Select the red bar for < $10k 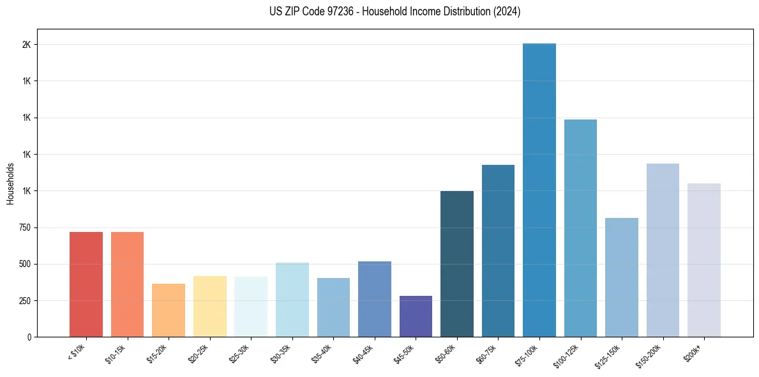pyautogui.click(x=86, y=284)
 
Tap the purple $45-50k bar pyautogui.click(x=416, y=316)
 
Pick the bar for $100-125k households pyautogui.click(x=580, y=228)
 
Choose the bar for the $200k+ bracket pyautogui.click(x=704, y=260)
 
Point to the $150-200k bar pyautogui.click(x=663, y=250)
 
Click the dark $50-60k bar pyautogui.click(x=457, y=264)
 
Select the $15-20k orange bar pyautogui.click(x=169, y=310)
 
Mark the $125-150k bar pyautogui.click(x=622, y=277)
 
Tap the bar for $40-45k pyautogui.click(x=375, y=299)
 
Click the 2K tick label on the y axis pyautogui.click(x=26, y=45)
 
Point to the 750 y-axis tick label pyautogui.click(x=24, y=227)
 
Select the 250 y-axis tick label pyautogui.click(x=24, y=300)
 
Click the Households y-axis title pyautogui.click(x=11, y=183)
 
